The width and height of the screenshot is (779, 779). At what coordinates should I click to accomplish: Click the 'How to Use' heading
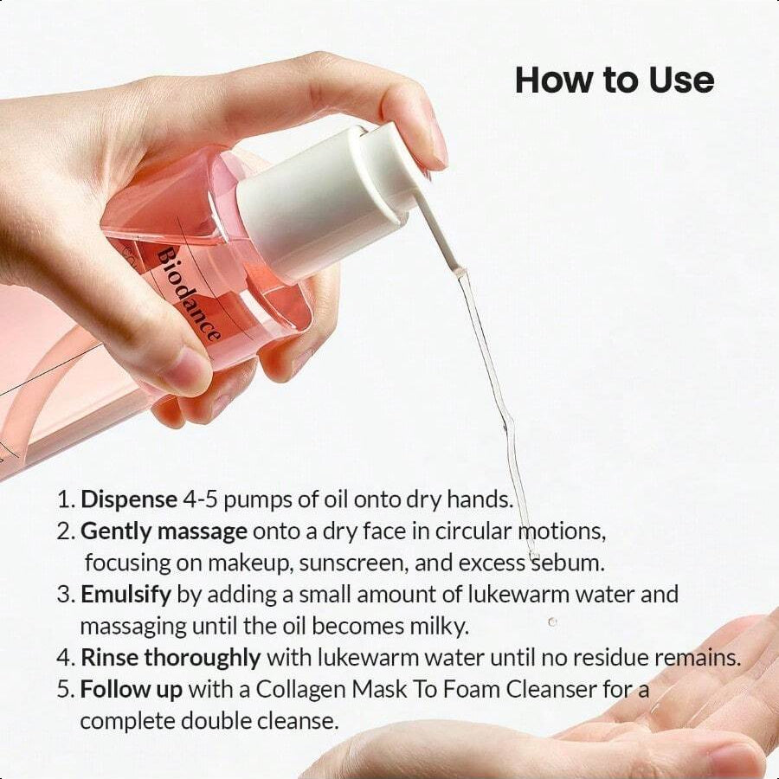click(615, 80)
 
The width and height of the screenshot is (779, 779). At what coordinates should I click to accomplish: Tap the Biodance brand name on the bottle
click(189, 293)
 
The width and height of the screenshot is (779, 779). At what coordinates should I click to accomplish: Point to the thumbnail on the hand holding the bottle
click(183, 370)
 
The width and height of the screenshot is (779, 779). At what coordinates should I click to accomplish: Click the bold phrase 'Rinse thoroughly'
click(171, 657)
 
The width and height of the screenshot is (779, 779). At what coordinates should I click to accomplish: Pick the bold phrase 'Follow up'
click(132, 689)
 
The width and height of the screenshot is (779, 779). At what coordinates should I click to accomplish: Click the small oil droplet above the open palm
click(552, 621)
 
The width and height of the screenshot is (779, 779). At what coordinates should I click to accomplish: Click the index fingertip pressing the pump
click(428, 138)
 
